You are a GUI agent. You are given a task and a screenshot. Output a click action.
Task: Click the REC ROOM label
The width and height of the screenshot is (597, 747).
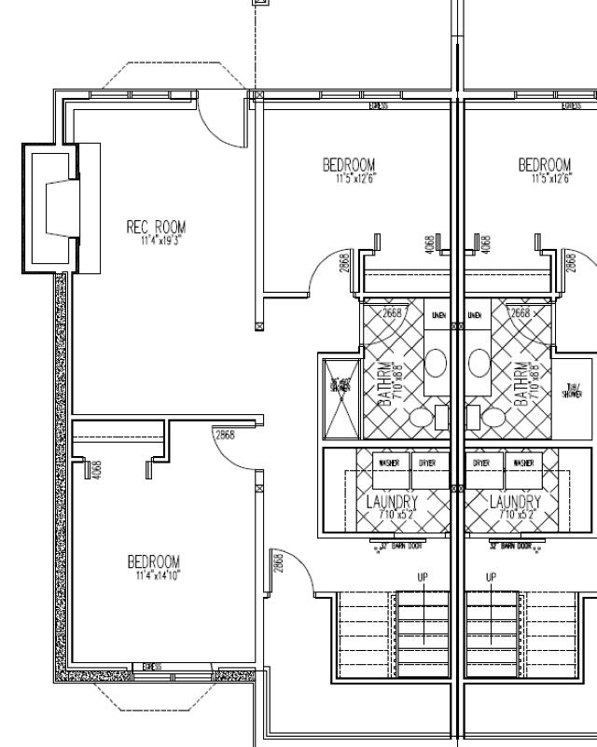click(x=156, y=227)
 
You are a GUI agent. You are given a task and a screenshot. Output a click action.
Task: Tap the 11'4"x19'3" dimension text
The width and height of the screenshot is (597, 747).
click(x=156, y=240)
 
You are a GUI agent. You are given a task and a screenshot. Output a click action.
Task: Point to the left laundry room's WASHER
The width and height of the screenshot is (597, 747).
click(x=386, y=463)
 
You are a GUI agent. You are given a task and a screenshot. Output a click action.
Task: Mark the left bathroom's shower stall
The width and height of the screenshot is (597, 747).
click(x=337, y=395)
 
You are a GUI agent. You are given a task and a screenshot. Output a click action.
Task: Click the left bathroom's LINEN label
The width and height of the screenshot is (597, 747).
click(x=437, y=315)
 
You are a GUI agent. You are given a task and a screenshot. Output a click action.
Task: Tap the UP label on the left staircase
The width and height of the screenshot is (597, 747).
click(x=423, y=578)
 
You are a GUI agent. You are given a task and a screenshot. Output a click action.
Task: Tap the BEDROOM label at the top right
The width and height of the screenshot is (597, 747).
click(x=545, y=165)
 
